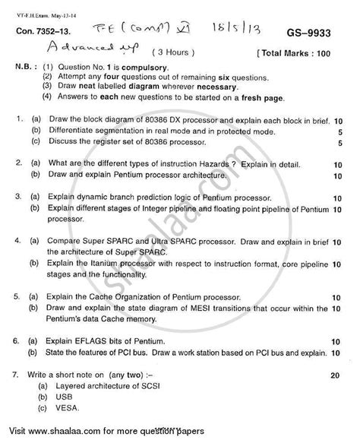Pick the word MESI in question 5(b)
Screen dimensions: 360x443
pyautogui.click(x=217, y=321)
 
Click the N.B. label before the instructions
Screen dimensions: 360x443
pyautogui.click(x=28, y=68)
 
